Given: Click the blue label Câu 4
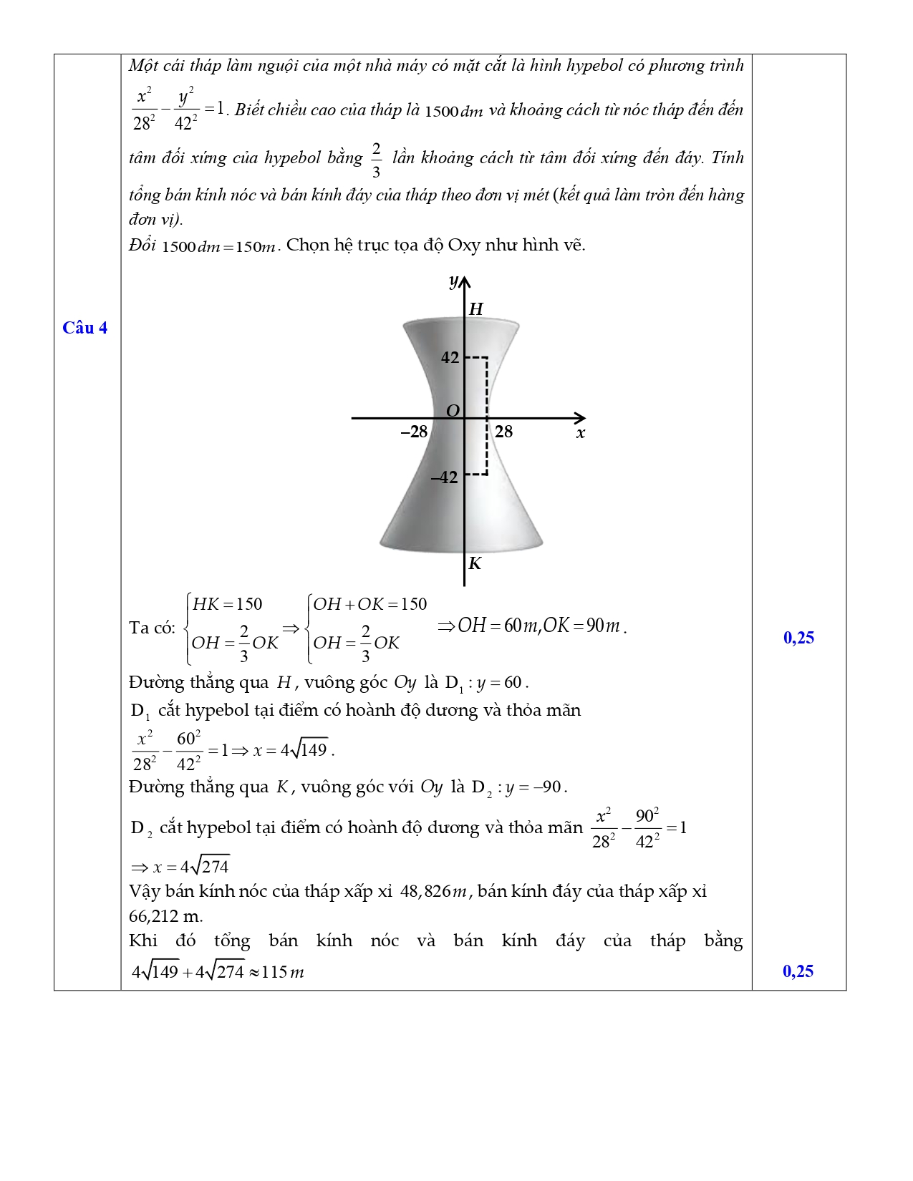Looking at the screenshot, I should (84, 328).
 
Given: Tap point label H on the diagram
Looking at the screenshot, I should (475, 308).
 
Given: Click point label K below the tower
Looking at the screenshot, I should (474, 563).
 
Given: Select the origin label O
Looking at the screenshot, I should (453, 411).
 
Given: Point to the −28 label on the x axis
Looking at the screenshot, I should (414, 432).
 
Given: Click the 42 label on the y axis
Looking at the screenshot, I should (450, 357).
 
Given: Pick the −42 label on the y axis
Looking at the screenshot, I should (444, 477).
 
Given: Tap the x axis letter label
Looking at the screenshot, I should (581, 433).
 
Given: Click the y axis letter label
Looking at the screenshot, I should (453, 281).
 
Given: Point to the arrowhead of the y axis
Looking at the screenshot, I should (465, 281).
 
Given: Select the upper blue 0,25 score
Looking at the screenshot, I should (798, 638).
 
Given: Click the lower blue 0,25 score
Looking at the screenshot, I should (798, 971).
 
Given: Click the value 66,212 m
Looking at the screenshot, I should (165, 916).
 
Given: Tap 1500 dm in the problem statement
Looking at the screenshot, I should (454, 112).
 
